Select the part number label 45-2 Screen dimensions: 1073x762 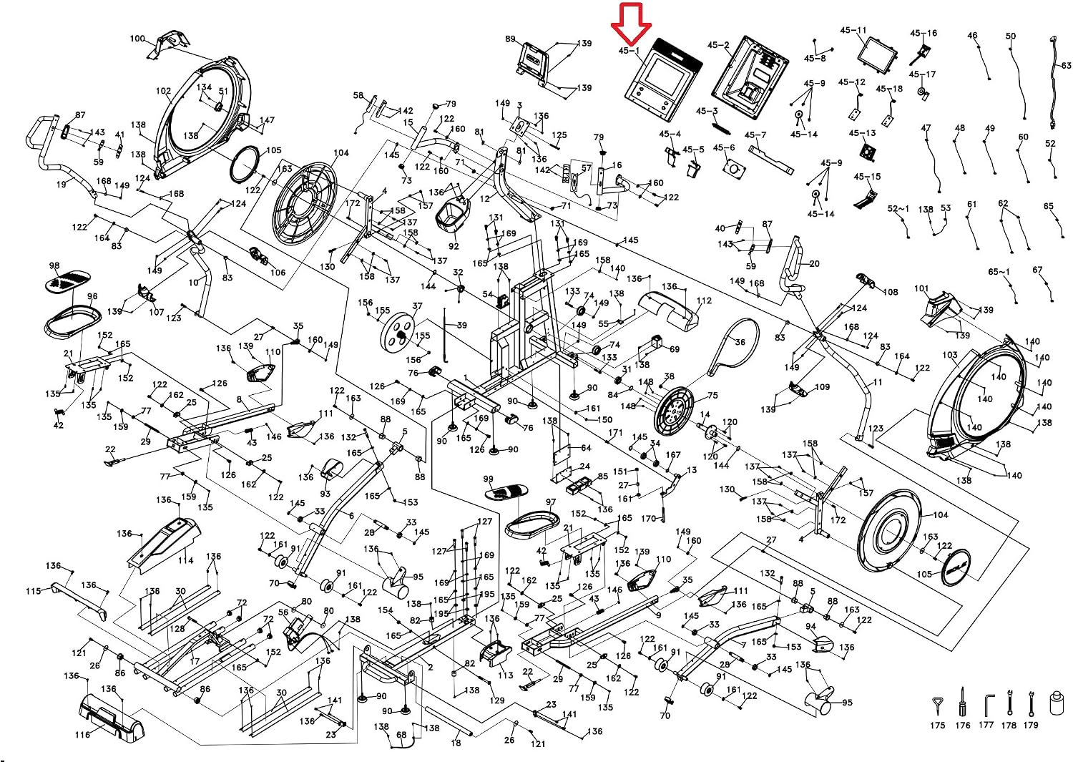pyautogui.click(x=718, y=45)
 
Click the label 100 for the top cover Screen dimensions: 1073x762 pyautogui.click(x=137, y=39)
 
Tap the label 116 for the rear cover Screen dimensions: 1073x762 pyautogui.click(x=82, y=735)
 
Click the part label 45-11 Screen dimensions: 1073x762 pyautogui.click(x=853, y=30)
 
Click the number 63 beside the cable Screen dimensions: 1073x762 pyautogui.click(x=1067, y=66)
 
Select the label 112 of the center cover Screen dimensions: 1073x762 pyautogui.click(x=704, y=301)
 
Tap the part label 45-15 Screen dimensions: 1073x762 pyautogui.click(x=867, y=176)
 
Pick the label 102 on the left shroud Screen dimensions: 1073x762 pyautogui.click(x=163, y=91)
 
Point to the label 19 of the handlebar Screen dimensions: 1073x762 pyautogui.click(x=62, y=184)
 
